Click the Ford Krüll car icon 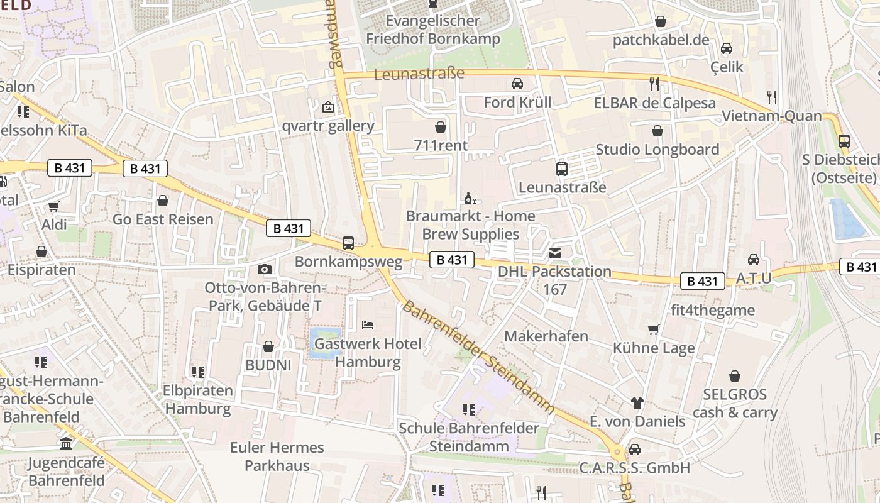click(x=517, y=84)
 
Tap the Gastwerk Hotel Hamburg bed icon click(x=368, y=325)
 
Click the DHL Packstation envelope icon click(x=555, y=253)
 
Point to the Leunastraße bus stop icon click(x=561, y=169)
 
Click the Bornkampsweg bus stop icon click(x=348, y=243)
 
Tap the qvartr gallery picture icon click(x=327, y=107)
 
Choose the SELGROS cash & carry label click(x=735, y=404)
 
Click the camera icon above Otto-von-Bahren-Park click(x=265, y=270)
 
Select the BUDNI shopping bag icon click(x=268, y=346)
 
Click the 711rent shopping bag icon click(x=441, y=127)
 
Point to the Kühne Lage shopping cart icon click(x=654, y=329)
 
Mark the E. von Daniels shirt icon click(x=637, y=403)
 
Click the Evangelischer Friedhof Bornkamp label click(x=433, y=30)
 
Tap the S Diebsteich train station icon click(x=844, y=141)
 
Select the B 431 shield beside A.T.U click(x=703, y=281)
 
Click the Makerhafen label click(x=546, y=336)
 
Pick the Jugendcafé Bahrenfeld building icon click(x=66, y=445)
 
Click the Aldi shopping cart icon click(x=54, y=206)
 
